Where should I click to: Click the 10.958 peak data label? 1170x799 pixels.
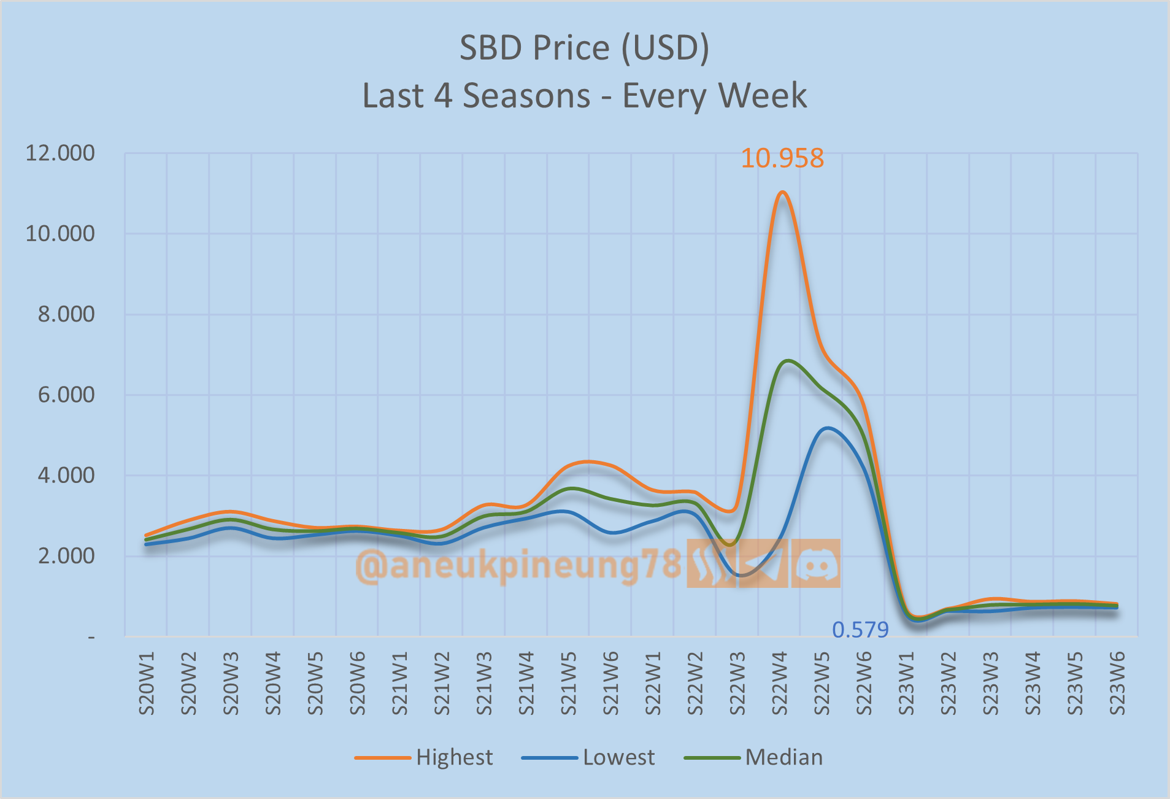point(782,158)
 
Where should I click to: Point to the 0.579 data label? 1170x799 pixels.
point(860,630)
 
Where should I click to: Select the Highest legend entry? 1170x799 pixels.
point(454,757)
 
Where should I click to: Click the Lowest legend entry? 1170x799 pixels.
point(618,757)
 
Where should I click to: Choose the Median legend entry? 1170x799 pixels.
point(783,757)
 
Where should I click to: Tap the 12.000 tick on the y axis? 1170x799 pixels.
point(60,153)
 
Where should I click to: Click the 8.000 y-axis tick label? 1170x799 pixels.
point(66,315)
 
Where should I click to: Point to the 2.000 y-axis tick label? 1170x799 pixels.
point(66,556)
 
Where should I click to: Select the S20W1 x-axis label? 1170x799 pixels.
point(147,684)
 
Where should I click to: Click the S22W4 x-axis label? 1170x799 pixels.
point(779,684)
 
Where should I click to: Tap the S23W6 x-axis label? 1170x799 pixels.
point(1117,684)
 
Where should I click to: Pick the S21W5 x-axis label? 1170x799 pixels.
point(569,684)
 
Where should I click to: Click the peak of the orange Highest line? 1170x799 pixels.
point(782,193)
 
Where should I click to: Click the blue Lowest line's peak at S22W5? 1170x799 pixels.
point(827,428)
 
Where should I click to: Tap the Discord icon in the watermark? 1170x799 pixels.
point(815,563)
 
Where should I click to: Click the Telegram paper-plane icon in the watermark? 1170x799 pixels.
point(763,563)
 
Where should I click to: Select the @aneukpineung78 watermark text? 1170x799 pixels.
point(518,565)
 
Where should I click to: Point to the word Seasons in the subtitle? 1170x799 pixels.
point(526,96)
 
